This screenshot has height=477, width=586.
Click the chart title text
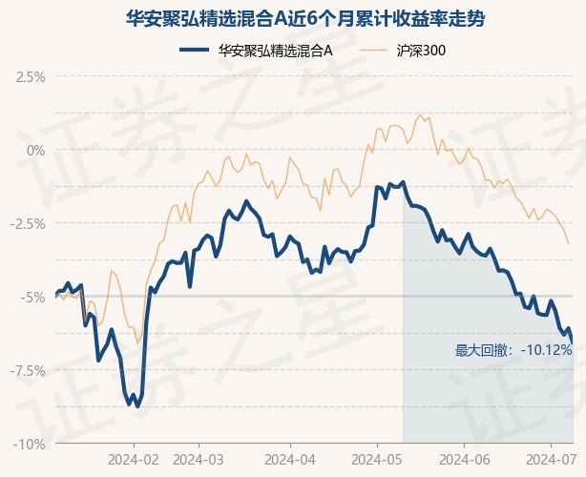point(304,19)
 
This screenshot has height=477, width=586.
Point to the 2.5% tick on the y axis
point(31,77)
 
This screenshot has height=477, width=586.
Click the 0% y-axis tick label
point(36,151)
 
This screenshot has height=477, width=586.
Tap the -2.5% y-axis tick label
point(28,224)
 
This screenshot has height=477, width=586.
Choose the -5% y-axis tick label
point(32,298)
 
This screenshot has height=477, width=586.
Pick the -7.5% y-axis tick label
point(28,371)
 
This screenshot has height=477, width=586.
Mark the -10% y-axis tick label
point(29,445)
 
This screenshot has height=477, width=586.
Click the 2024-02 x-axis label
point(134,460)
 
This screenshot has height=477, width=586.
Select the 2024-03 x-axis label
point(199,460)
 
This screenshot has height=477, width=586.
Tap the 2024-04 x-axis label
point(290,460)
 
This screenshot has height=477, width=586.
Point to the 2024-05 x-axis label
point(377,460)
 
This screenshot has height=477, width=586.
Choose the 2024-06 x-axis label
point(464,460)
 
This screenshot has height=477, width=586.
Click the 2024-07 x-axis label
point(552,460)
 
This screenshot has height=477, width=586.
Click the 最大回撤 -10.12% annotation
point(513,350)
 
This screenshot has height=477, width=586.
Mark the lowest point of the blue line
point(137,406)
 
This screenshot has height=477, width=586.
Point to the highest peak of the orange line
point(420,114)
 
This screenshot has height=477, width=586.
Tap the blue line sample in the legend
point(194,50)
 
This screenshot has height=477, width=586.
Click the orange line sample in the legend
point(372,50)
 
